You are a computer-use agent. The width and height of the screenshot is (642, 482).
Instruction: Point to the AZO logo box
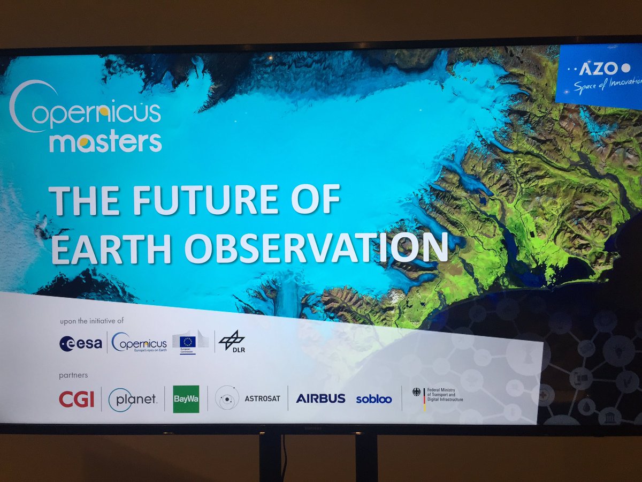click(x=599, y=74)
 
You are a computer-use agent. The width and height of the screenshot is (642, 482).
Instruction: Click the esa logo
click(x=80, y=343)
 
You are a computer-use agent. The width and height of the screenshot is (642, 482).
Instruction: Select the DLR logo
click(x=232, y=342)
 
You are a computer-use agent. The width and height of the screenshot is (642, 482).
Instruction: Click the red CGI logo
click(x=76, y=400)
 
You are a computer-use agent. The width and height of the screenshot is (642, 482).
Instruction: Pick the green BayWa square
click(x=186, y=399)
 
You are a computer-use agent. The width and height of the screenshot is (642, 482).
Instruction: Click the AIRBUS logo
click(x=320, y=398)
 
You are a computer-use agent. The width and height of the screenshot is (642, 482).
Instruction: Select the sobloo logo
click(x=373, y=399)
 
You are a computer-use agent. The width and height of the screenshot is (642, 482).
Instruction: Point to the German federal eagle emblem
click(x=416, y=392)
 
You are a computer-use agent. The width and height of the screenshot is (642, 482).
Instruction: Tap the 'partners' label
click(x=73, y=375)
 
